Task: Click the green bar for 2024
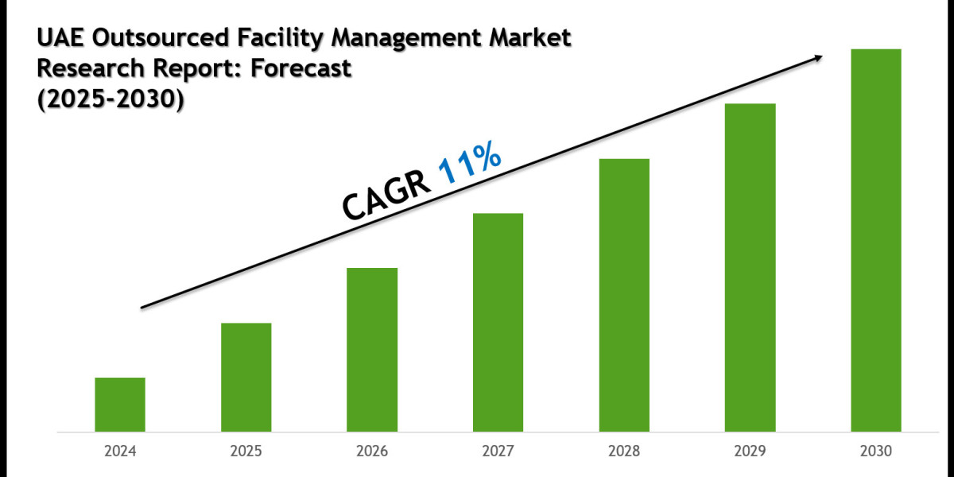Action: coord(120,405)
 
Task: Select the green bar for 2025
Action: coord(246,378)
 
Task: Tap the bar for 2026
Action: coord(372,350)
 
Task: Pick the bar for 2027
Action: coord(498,323)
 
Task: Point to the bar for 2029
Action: coord(750,268)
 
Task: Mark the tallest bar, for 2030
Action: coord(876,241)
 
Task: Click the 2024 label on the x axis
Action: coord(120,451)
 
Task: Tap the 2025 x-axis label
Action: coord(246,451)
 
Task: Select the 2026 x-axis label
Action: coord(372,451)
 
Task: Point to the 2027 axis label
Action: coord(498,451)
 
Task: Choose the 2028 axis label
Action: coord(624,451)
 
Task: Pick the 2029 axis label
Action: coord(750,451)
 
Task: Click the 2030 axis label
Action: coord(876,451)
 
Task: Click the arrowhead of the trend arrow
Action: coord(816,58)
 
